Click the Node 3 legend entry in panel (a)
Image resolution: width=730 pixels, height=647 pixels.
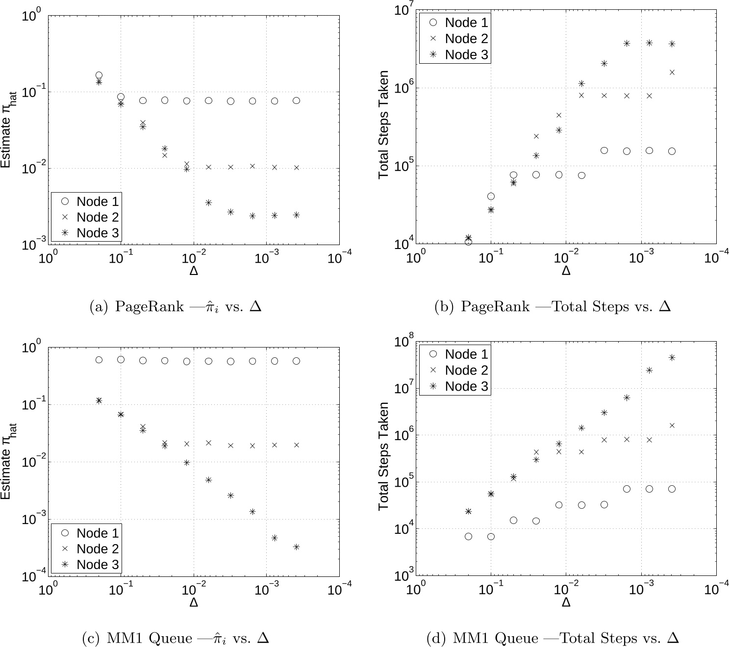pos(86,233)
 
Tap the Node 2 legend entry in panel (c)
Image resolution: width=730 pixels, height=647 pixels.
pos(86,549)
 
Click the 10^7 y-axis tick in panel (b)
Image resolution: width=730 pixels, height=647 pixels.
pos(405,11)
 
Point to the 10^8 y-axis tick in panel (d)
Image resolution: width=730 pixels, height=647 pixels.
pos(405,342)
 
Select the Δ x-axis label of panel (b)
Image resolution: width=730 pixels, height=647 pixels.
pos(566,271)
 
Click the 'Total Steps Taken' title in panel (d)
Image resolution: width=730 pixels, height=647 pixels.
pos(383,456)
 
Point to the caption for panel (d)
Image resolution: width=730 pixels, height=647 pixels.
pos(553,638)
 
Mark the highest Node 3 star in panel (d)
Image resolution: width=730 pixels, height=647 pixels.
pos(672,358)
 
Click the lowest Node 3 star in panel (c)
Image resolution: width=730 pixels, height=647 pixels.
pos(296,547)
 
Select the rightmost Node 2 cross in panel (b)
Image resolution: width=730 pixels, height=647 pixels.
pos(672,73)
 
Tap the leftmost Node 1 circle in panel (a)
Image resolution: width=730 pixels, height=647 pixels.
pos(99,75)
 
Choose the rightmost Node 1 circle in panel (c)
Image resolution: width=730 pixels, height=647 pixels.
pos(296,361)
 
